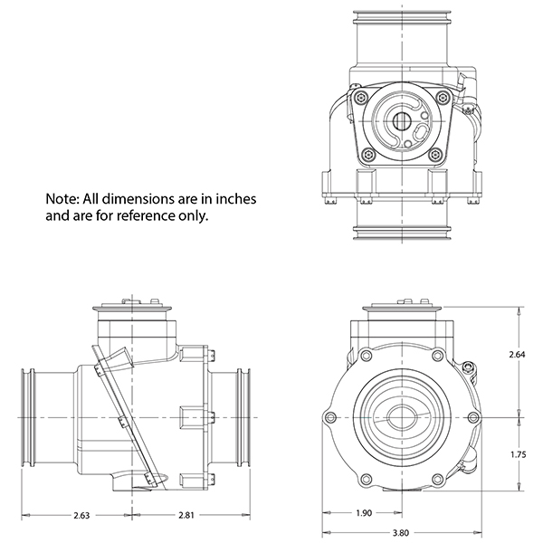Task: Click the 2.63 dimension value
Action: (81, 515)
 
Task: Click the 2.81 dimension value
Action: (186, 515)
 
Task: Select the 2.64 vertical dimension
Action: (518, 354)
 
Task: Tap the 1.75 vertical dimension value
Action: (519, 454)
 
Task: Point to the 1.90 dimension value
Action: (364, 513)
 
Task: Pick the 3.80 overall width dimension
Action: (401, 533)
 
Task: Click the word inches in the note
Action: (236, 199)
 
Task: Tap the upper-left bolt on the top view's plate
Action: (362, 98)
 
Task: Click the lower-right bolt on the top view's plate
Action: (434, 155)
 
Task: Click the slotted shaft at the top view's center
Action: (402, 121)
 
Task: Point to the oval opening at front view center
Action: (402, 417)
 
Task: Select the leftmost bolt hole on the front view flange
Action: (330, 416)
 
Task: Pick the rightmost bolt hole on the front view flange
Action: (473, 417)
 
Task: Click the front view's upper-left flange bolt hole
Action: (366, 356)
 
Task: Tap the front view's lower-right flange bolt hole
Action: (437, 480)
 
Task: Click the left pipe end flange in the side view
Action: (28, 417)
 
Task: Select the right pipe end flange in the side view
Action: (243, 417)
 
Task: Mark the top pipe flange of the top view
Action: (402, 17)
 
